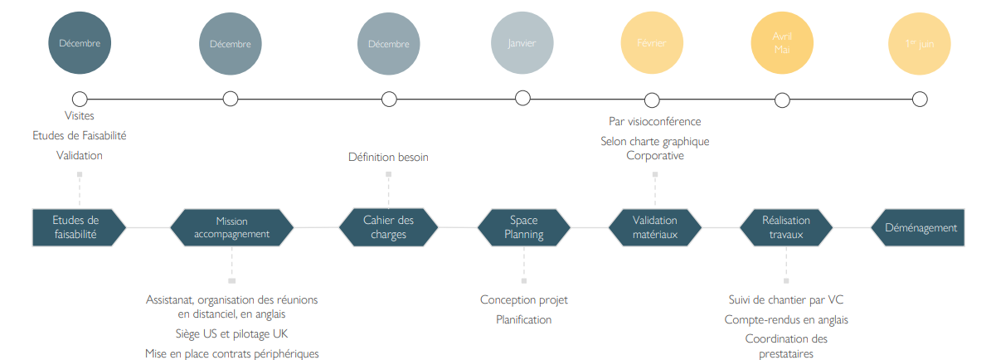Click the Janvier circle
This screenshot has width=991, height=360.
coord(522,43)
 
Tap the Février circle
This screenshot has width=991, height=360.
coord(652,43)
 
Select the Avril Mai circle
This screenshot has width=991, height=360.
coord(781,43)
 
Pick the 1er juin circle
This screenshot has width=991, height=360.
coord(919,43)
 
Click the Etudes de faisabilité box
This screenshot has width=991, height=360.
coord(77,227)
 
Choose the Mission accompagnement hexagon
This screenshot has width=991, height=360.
coord(231,227)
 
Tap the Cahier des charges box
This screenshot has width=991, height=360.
coord(388,227)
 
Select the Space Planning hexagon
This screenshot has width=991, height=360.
coord(523,227)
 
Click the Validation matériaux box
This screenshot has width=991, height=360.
coord(654,227)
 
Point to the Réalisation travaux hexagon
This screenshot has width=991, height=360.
coord(785,227)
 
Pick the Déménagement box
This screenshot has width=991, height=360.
coord(919,227)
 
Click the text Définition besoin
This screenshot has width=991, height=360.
coord(388,157)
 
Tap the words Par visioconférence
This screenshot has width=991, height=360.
coord(654,122)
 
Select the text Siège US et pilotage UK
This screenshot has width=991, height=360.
coord(231,334)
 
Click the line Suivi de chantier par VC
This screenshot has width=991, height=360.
coord(785,300)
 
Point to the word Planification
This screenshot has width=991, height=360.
coord(523,319)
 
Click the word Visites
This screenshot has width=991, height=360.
coord(80,116)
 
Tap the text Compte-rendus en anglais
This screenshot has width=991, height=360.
coord(785,319)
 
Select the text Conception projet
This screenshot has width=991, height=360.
coord(523,300)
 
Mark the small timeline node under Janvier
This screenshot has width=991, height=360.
coord(522,98)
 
